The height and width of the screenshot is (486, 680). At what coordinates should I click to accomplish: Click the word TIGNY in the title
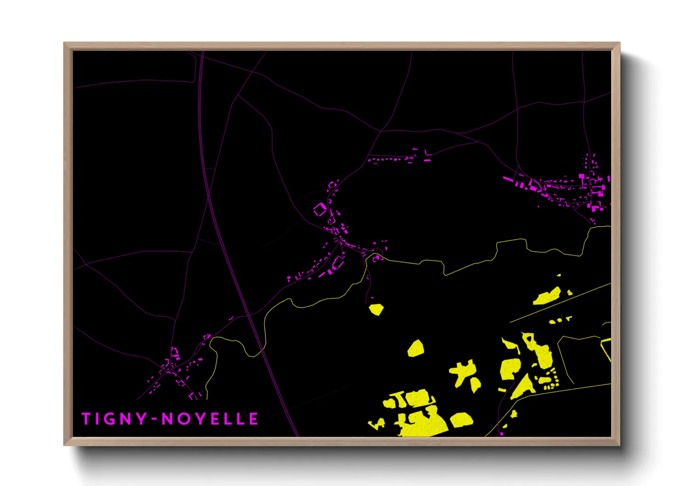pyautogui.click(x=114, y=419)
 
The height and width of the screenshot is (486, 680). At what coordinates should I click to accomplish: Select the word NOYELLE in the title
pyautogui.click(x=210, y=419)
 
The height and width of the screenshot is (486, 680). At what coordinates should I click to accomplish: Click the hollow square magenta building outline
pyautogui.click(x=320, y=210)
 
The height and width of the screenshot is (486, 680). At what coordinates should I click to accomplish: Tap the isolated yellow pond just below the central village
pyautogui.click(x=376, y=309)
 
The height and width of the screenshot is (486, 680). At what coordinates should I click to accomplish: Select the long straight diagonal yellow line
pyautogui.click(x=561, y=302)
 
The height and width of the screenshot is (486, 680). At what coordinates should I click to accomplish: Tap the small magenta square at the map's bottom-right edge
pyautogui.click(x=501, y=433)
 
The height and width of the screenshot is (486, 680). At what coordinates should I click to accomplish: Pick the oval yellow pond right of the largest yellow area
pyautogui.click(x=462, y=419)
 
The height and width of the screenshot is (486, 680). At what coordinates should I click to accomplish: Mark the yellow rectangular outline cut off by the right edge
pyautogui.click(x=606, y=349)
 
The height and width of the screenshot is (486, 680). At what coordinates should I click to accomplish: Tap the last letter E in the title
pyautogui.click(x=254, y=419)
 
